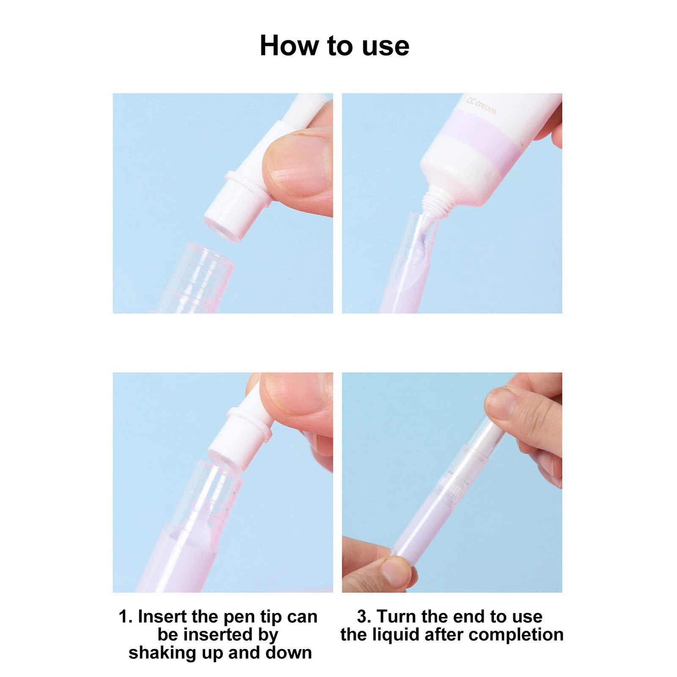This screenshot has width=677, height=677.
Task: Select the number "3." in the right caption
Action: [364, 617]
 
